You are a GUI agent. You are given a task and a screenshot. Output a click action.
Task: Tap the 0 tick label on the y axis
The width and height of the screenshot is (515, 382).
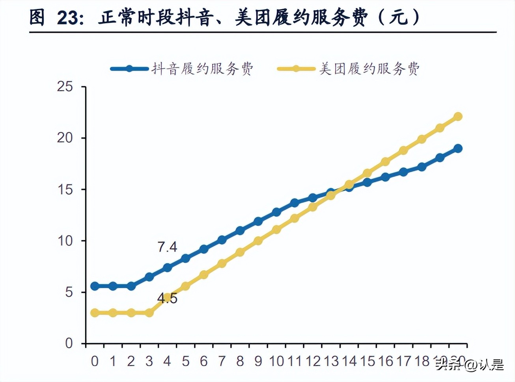coord(69,343)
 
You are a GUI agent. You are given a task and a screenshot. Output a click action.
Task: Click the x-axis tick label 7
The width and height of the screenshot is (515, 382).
coord(222,361)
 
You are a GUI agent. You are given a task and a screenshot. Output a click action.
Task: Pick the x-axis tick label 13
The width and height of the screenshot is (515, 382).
coord(331,361)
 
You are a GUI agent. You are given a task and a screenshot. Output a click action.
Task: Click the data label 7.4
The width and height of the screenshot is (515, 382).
coord(167,247)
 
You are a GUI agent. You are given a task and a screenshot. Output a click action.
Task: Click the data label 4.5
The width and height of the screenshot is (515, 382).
coord(167,299)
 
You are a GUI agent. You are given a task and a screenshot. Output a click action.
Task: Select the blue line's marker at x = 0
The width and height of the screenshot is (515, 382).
coord(95,286)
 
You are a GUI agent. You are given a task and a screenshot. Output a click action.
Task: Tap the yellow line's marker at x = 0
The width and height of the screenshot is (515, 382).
coord(95,313)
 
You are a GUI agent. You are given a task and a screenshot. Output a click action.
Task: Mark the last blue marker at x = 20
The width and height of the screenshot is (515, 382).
coord(458,148)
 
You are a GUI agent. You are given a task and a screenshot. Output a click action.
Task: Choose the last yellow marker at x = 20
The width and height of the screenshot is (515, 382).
coord(458,116)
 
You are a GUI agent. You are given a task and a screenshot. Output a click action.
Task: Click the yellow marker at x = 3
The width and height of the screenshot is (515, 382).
coord(149,313)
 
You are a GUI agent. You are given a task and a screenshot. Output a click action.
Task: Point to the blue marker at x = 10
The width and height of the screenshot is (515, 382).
coord(276,212)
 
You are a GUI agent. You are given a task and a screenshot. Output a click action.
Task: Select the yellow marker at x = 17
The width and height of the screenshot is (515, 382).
coord(403,150)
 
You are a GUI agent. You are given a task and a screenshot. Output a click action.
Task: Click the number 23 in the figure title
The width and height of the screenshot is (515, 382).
coord(67,18)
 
